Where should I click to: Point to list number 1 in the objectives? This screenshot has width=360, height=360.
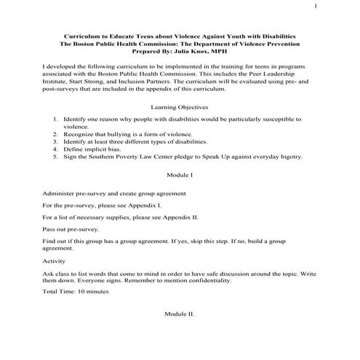pos(56,117)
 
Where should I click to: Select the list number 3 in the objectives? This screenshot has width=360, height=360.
pos(56,142)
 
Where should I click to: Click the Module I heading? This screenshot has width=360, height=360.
pos(180,177)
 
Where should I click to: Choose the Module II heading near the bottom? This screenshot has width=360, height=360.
pos(180,313)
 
